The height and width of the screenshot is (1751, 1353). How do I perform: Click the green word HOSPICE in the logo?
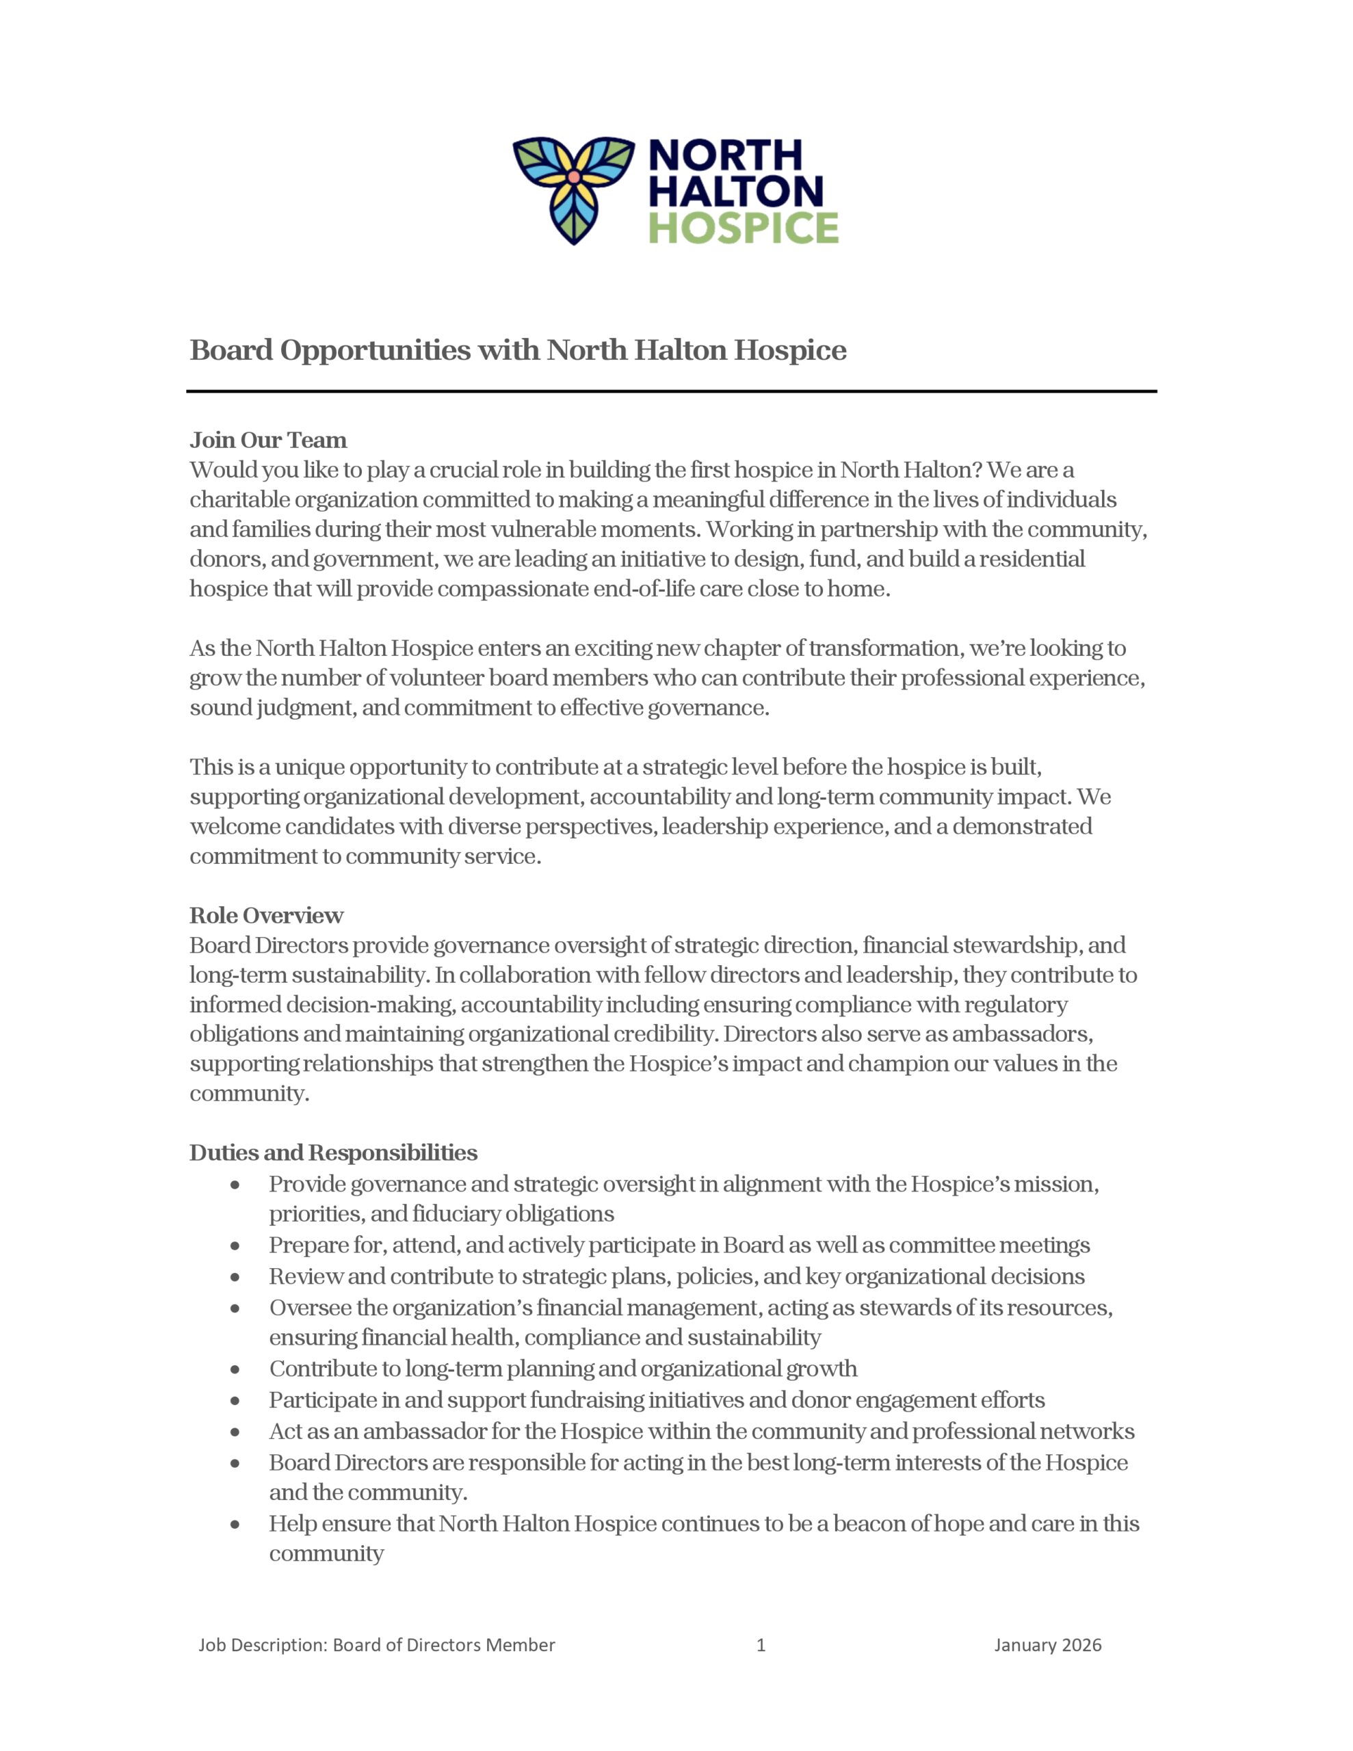(x=743, y=228)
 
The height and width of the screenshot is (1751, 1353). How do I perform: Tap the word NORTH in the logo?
(x=725, y=155)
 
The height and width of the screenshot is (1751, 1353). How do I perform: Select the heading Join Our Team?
(x=268, y=440)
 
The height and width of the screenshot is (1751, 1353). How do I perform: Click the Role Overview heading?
(x=266, y=916)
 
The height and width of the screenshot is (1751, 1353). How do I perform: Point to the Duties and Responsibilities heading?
(x=333, y=1153)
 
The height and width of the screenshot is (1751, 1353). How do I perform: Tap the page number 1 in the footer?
(x=761, y=1645)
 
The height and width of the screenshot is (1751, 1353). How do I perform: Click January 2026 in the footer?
(x=1047, y=1645)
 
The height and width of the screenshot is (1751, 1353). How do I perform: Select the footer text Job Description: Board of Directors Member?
(x=377, y=1645)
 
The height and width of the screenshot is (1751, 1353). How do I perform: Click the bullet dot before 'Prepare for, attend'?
(x=235, y=1247)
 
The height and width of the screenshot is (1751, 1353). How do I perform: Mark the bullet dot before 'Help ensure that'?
(x=235, y=1525)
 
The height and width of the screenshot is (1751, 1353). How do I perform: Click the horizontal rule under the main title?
(x=671, y=391)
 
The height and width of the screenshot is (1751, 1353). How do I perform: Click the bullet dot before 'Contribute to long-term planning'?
(x=235, y=1370)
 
